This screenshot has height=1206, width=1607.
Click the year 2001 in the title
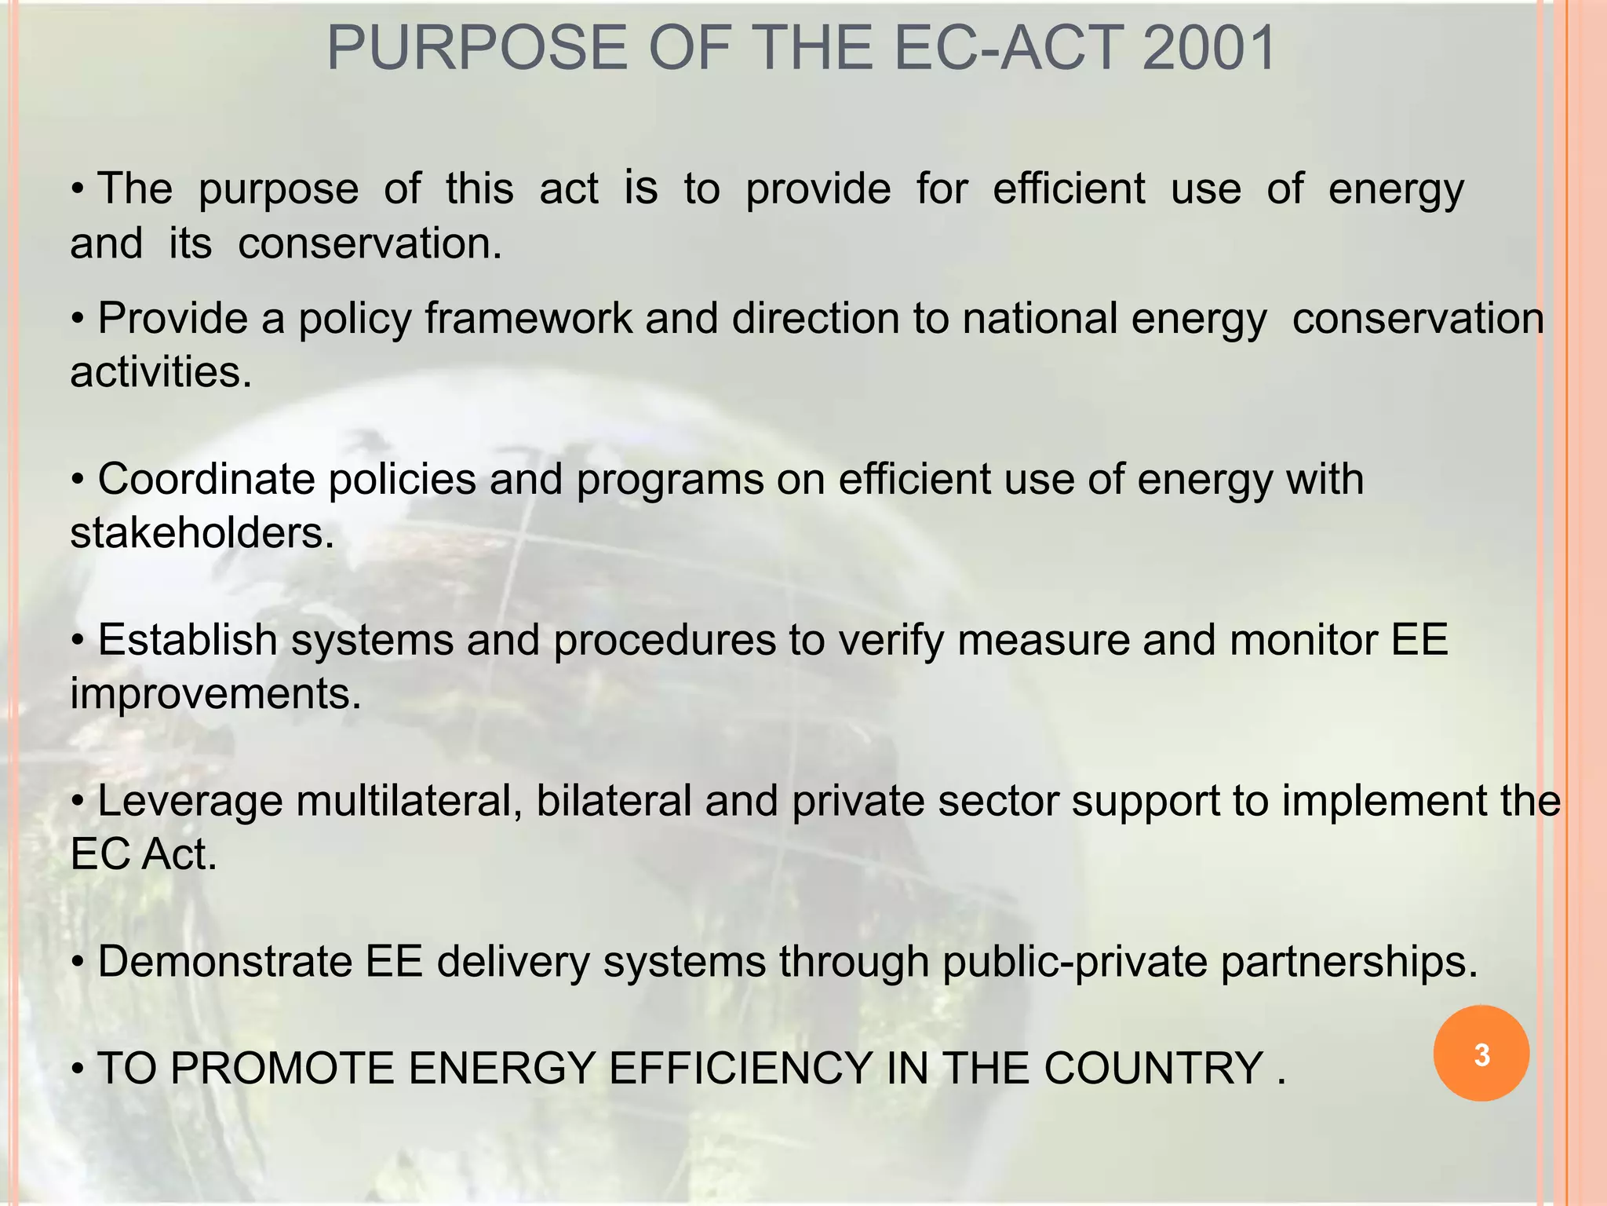coord(1208,49)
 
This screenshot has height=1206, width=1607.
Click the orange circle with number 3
coord(1481,1054)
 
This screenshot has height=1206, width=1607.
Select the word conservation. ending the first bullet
coord(370,243)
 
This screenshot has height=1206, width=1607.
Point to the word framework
coord(528,319)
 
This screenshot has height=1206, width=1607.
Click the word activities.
coord(161,371)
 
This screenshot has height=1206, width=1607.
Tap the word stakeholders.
coord(202,533)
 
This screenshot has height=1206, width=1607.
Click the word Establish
coord(188,640)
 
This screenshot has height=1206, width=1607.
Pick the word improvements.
coord(216,694)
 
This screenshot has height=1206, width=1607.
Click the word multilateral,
coord(410,802)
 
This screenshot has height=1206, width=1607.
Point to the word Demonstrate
coord(224,962)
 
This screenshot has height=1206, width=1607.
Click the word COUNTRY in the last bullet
coord(1153,1069)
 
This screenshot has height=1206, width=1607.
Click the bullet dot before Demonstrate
coord(78,963)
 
